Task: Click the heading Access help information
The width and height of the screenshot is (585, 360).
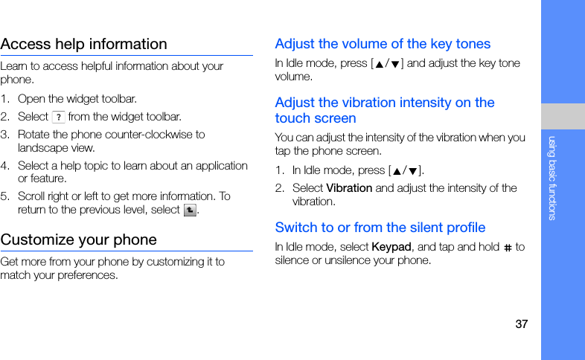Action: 84,44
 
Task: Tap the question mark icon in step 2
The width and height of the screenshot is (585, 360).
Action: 59,117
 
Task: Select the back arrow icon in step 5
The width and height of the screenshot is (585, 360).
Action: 190,210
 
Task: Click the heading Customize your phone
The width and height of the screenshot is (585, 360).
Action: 79,240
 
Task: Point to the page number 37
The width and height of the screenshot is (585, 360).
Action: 521,324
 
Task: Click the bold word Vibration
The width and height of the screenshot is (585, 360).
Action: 349,188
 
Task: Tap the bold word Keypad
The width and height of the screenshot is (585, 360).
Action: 391,247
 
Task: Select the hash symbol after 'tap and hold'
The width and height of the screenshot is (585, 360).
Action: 508,248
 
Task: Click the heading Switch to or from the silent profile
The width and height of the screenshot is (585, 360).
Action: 380,228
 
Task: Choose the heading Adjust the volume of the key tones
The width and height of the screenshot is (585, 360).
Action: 383,44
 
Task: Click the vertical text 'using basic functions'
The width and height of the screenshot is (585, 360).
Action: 552,178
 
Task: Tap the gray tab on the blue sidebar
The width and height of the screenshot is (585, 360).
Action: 563,116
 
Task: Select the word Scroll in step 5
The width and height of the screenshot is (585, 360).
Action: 31,196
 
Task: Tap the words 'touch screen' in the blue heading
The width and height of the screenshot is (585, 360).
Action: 316,118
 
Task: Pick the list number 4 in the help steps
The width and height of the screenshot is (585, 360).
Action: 4,166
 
